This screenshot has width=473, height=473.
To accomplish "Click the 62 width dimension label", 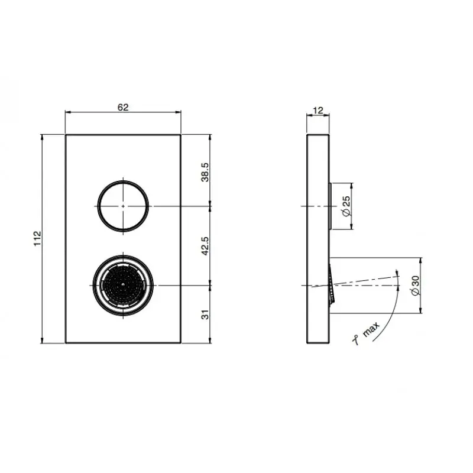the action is (123, 108).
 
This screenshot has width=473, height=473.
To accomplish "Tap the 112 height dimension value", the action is (37, 238).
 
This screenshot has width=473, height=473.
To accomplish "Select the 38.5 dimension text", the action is (205, 172).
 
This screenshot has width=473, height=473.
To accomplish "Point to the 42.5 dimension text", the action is (205, 246).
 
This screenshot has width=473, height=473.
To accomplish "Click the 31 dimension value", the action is (205, 315).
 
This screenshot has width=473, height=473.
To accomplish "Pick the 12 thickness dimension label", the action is (318, 111).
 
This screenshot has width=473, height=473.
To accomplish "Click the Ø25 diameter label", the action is (346, 206).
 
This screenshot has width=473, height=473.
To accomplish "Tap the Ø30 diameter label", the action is (416, 286).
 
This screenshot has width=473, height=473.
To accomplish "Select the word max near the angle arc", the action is (371, 329).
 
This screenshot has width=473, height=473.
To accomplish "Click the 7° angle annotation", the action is (356, 340).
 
